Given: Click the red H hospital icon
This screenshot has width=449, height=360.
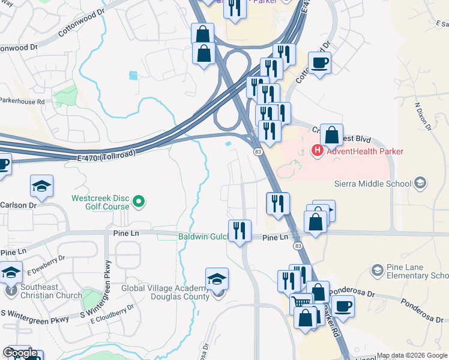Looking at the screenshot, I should (318, 151).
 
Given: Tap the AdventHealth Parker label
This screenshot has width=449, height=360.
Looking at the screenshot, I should (364, 151).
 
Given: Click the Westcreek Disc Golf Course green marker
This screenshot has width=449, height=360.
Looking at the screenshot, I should (139, 202).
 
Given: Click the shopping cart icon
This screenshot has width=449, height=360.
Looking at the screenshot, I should (301, 302).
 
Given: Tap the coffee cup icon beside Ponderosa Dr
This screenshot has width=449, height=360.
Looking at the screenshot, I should (343, 307).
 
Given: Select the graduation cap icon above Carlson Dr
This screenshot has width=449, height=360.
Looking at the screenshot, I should (41, 186).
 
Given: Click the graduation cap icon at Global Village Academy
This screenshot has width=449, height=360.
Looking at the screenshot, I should (217, 279).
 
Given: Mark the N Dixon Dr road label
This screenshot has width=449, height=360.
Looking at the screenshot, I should (423, 116).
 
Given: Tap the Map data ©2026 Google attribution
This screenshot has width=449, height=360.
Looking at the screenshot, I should (412, 355).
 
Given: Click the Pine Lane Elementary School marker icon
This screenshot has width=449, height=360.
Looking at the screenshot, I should (378, 271).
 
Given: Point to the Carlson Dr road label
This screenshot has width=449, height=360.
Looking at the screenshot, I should (14, 205).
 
